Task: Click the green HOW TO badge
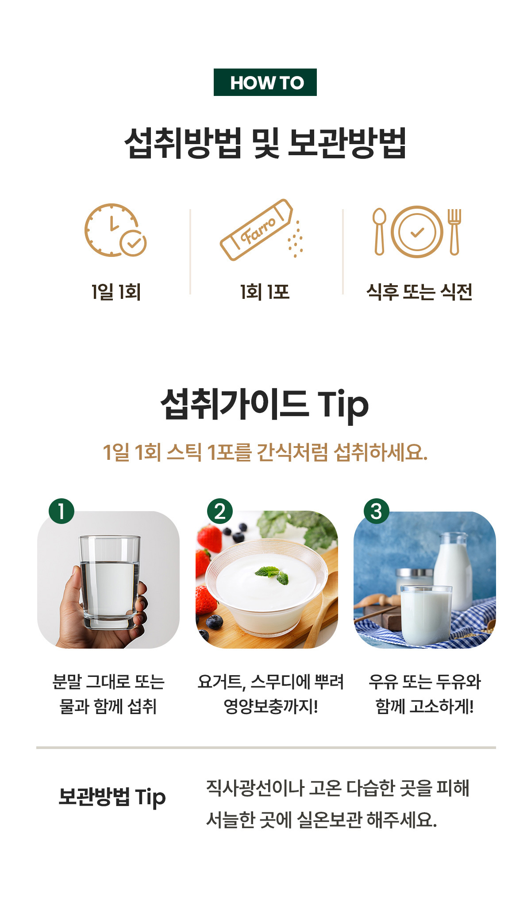265,82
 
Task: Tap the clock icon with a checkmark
115,230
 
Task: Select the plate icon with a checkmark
417,232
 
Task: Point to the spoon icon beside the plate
379,232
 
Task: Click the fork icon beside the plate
454,232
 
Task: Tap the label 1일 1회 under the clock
116,292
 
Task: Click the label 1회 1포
265,292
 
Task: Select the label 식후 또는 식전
419,292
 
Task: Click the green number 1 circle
62,511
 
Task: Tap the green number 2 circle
220,511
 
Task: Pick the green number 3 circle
377,511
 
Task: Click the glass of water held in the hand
110,582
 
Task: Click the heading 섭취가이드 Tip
265,405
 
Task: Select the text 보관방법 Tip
112,797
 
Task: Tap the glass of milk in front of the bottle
427,615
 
